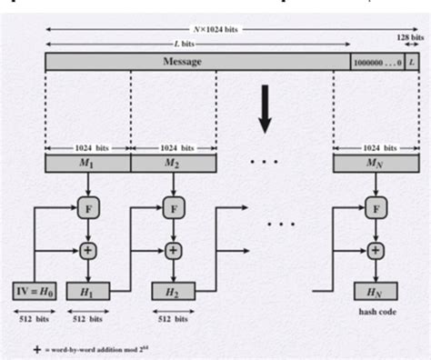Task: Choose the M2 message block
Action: [x=173, y=164]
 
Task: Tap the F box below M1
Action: [x=87, y=209]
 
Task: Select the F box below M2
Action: [x=173, y=209]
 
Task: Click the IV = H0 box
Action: [x=34, y=291]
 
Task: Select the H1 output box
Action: [x=87, y=291]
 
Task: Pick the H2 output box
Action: [x=173, y=291]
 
